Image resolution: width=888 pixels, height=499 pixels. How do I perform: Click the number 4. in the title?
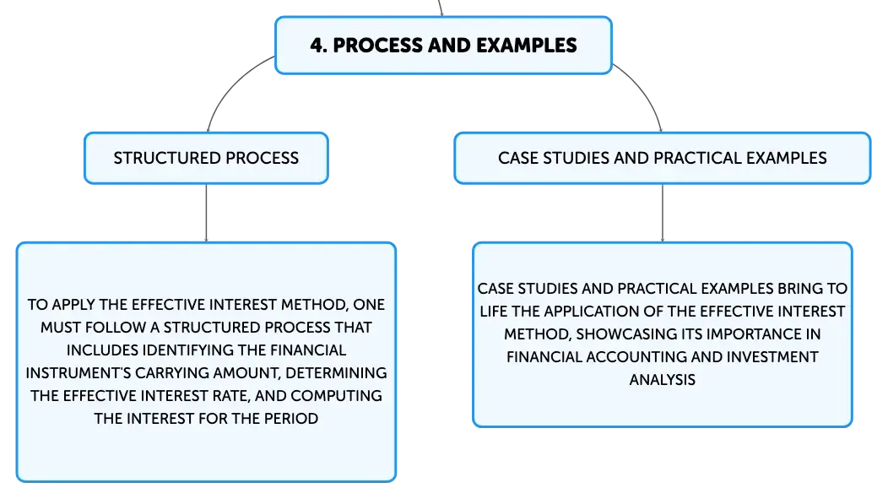click(319, 46)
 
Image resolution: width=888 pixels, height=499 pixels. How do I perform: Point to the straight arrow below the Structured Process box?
click(206, 213)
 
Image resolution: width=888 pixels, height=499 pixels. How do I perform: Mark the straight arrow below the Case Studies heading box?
click(663, 213)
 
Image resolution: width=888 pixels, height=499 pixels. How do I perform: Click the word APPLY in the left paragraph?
click(73, 305)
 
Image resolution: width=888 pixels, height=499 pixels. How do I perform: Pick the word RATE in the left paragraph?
click(229, 395)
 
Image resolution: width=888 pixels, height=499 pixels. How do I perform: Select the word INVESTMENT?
click(772, 357)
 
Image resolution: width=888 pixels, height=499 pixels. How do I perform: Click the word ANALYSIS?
click(663, 379)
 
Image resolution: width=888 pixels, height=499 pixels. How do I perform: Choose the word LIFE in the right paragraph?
click(494, 312)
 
